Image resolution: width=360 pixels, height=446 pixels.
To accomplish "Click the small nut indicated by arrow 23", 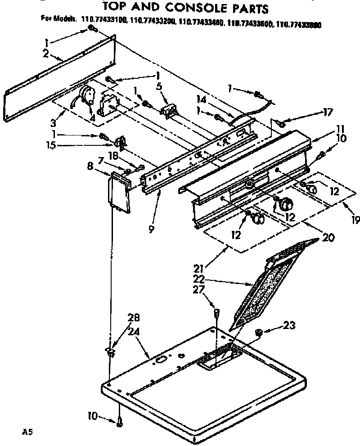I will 259,333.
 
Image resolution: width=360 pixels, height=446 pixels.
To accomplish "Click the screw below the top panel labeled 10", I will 119,422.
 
